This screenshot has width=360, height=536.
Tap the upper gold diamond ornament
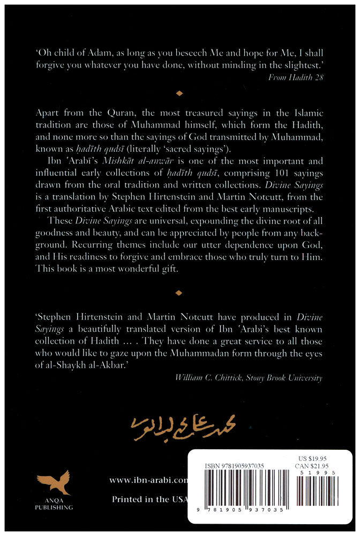[x=179, y=94]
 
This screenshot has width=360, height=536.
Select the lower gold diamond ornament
[x=179, y=293]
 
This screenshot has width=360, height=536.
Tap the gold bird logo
[x=55, y=483]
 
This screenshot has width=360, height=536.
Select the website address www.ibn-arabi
[x=148, y=480]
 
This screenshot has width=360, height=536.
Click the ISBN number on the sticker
[x=234, y=466]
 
